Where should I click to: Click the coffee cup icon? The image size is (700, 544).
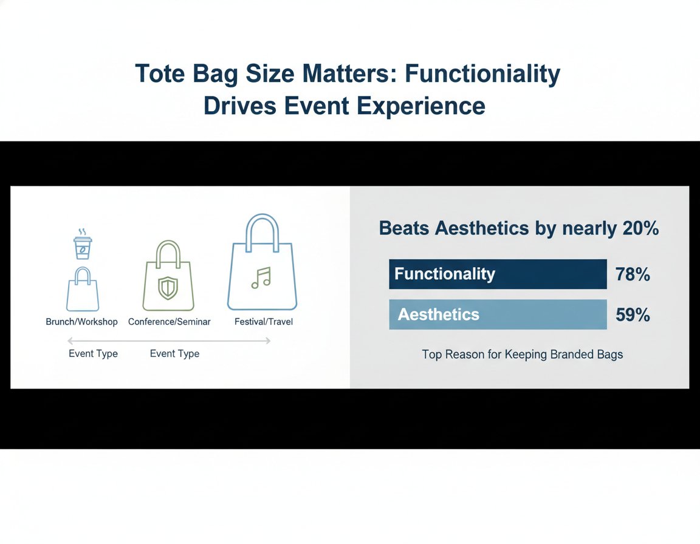click(83, 248)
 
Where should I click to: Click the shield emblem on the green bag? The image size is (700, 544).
click(168, 288)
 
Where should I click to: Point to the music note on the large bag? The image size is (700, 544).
click(261, 278)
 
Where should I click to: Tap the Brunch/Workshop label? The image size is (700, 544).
click(81, 322)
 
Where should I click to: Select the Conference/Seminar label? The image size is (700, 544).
click(169, 322)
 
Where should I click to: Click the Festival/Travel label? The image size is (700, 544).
click(263, 322)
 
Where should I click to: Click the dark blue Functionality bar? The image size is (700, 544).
click(498, 274)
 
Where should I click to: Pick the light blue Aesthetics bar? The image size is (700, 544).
click(498, 314)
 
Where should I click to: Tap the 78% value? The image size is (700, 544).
click(633, 274)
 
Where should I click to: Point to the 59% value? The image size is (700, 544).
click(633, 315)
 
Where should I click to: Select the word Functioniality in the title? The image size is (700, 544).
click(482, 73)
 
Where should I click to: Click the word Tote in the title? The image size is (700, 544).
click(160, 73)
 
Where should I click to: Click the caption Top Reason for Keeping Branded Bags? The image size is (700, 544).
click(523, 355)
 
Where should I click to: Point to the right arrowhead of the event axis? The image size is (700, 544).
click(268, 341)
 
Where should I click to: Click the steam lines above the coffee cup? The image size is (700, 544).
click(82, 232)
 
